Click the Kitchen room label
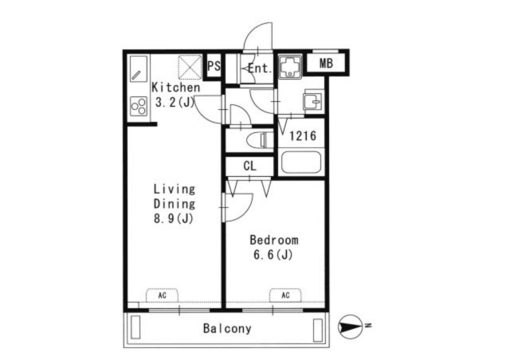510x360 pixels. coord(171,88)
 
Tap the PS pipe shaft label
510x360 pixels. coord(214,67)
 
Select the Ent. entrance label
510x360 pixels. coord(260,68)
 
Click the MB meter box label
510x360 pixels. coord(326,64)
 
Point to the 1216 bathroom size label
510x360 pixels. coord(303,136)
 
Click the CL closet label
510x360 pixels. coord(249,166)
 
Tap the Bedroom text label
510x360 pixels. coord(273,240)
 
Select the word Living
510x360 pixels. coord(174,189)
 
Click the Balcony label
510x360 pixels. coord(226,328)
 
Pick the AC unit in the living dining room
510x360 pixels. coord(162,295)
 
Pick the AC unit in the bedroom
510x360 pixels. coord(284,295)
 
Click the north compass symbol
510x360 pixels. coord(350,325)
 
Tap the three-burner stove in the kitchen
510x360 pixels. coord(139,106)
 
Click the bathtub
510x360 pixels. coord(300,164)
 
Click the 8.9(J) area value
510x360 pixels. coord(174,217)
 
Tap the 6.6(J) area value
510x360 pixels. coord(273,255)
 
